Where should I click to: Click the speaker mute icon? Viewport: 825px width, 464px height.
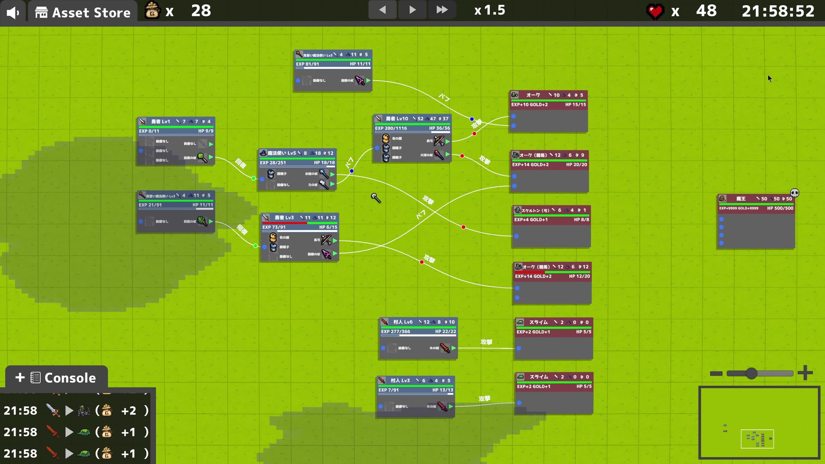pyautogui.click(x=13, y=12)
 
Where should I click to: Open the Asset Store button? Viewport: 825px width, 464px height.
pyautogui.click(x=83, y=12)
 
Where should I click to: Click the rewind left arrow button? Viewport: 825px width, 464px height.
pyautogui.click(x=382, y=10)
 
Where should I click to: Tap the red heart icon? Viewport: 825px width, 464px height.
pyautogui.click(x=655, y=12)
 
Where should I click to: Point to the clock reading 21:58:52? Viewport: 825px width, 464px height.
pyautogui.click(x=778, y=11)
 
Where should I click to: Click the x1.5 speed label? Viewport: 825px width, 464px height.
pyautogui.click(x=490, y=10)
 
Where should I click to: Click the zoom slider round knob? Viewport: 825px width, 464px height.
pyautogui.click(x=751, y=373)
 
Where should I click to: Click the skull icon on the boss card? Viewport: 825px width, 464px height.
pyautogui.click(x=794, y=193)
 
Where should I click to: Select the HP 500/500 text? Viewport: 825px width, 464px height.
pyautogui.click(x=780, y=208)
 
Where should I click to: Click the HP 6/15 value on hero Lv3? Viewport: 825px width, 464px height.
pyautogui.click(x=328, y=227)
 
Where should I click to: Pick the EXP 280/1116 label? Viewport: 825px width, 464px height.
pyautogui.click(x=391, y=128)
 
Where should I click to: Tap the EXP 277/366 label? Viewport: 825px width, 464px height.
pyautogui.click(x=395, y=331)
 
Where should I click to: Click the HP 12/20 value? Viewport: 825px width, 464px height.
pyautogui.click(x=579, y=276)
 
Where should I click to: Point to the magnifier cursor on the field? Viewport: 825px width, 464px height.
pyautogui.click(x=376, y=197)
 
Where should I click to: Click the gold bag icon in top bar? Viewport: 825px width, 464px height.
pyautogui.click(x=152, y=10)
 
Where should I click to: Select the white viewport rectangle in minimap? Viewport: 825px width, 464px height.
pyautogui.click(x=757, y=439)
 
